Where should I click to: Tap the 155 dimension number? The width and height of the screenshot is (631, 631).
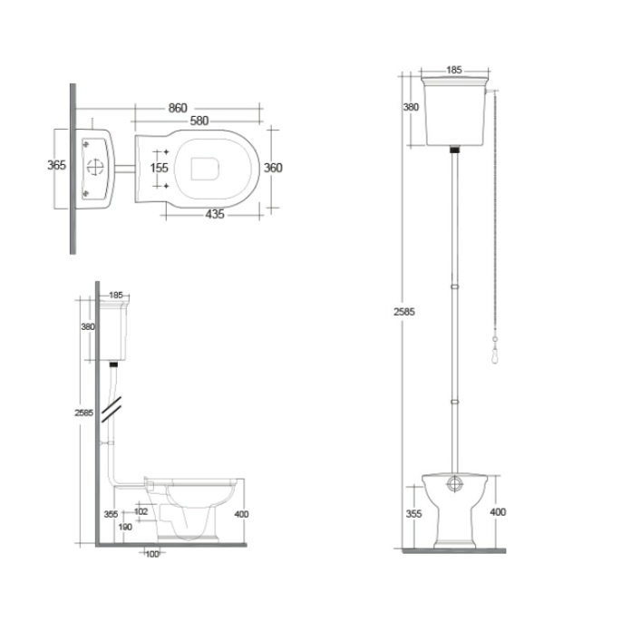coord(159,168)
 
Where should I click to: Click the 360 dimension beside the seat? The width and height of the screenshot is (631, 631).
coord(275,168)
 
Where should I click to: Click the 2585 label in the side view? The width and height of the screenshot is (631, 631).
coord(83,413)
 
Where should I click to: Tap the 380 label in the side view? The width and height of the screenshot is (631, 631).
coord(88,327)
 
